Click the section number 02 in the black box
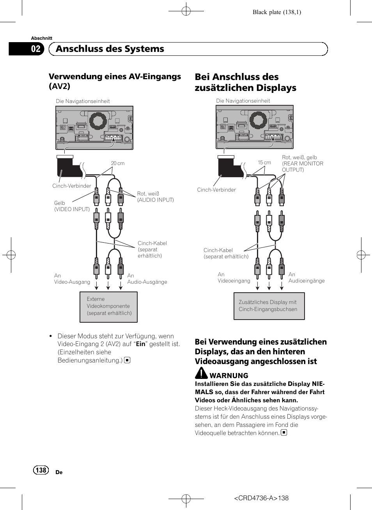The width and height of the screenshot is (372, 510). (x=35, y=49)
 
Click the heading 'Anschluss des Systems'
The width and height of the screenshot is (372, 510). (x=110, y=49)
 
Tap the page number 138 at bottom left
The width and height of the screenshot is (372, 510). (x=41, y=470)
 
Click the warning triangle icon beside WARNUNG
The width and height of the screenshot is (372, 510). (x=201, y=373)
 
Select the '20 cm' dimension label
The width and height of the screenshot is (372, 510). (x=118, y=163)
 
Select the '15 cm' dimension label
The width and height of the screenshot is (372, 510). (x=264, y=163)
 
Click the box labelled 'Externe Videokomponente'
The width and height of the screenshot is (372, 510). (x=108, y=307)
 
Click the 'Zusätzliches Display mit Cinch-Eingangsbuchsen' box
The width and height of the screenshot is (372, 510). (x=269, y=306)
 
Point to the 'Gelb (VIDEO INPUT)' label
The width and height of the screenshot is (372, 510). (x=72, y=206)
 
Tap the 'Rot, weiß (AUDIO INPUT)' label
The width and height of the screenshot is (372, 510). (x=155, y=197)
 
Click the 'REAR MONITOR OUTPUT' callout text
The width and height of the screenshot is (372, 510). (x=303, y=167)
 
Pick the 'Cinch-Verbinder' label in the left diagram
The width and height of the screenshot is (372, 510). (x=72, y=186)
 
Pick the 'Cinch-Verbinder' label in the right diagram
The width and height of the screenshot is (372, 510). (x=216, y=190)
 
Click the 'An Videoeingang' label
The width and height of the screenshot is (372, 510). (x=234, y=277)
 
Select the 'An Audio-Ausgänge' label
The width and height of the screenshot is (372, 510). (x=147, y=279)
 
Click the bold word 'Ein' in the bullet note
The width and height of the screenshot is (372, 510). (x=140, y=344)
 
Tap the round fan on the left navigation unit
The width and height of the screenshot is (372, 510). (x=98, y=121)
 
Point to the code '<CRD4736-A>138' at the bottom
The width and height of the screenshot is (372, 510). (x=261, y=498)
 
